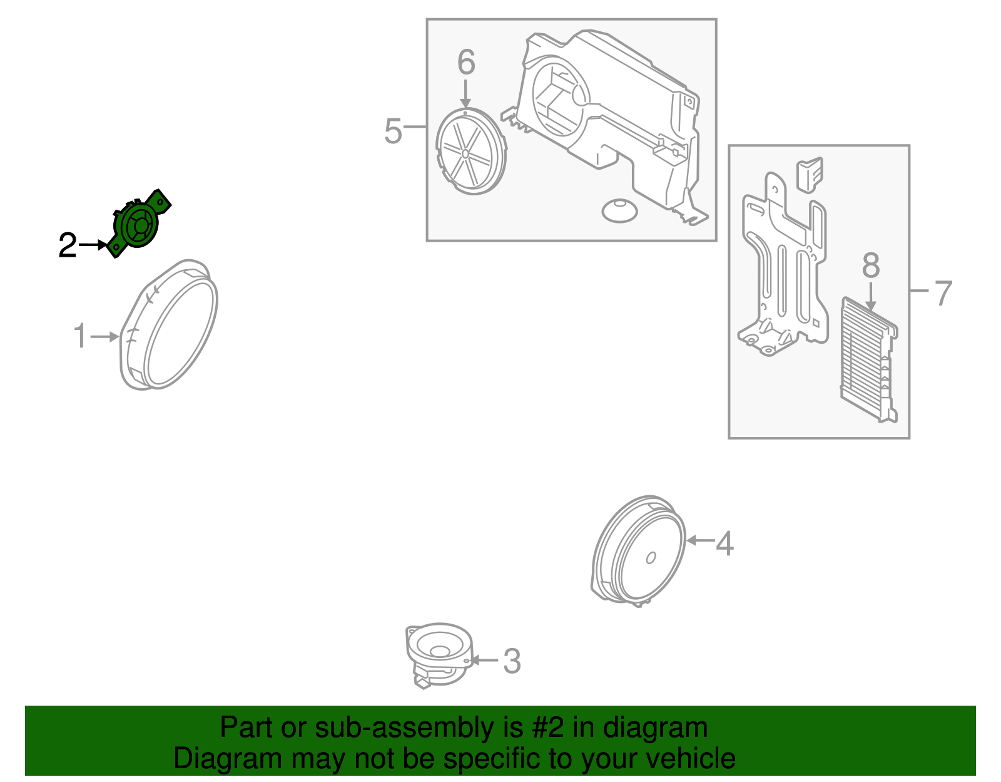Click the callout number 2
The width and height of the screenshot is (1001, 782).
pos(67,246)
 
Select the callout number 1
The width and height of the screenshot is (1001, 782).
pos(80,337)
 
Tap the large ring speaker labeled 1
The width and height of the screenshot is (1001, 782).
pos(170,326)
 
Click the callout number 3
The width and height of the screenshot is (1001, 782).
pos(512,661)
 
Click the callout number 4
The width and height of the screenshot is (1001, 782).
pos(724,543)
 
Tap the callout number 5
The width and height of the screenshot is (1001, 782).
pos(392,131)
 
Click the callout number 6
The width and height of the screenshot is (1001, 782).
pos(466,63)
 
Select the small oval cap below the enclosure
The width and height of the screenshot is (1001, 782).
pos(619,210)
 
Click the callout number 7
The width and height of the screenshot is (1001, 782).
pos(943,293)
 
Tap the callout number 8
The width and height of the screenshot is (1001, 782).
pos(871,265)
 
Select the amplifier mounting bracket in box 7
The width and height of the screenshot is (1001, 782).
pos(782,269)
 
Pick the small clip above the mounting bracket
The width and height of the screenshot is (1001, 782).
pos(809,173)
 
